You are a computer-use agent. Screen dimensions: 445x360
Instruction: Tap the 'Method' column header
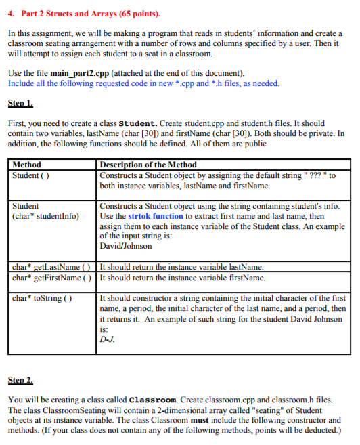27,165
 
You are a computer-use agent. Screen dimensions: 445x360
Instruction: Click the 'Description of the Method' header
148,165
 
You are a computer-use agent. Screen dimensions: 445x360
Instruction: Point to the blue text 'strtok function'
166,216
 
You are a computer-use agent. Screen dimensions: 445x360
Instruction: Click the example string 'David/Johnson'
125,246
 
